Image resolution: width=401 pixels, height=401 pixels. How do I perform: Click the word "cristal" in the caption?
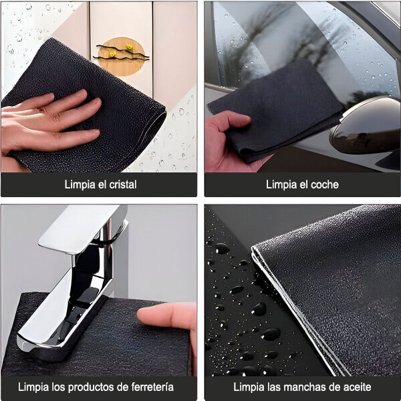tap(123, 184)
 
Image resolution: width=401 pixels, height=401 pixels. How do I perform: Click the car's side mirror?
tap(366, 126)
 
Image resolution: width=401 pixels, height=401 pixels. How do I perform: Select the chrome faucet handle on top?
tap(83, 228)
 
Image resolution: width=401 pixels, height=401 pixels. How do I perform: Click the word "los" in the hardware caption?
tap(58, 387)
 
